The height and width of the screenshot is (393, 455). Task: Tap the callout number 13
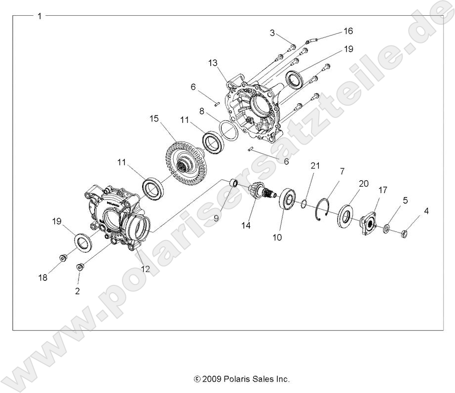coord(213,63)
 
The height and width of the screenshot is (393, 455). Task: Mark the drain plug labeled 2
coord(79,267)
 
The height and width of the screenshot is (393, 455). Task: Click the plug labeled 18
coord(63,257)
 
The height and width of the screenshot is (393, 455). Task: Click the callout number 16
coord(348,31)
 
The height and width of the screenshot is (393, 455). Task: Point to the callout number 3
coord(272,33)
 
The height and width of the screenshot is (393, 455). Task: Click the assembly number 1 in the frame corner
coord(39,16)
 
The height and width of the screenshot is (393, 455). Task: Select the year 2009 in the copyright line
coord(210,379)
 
